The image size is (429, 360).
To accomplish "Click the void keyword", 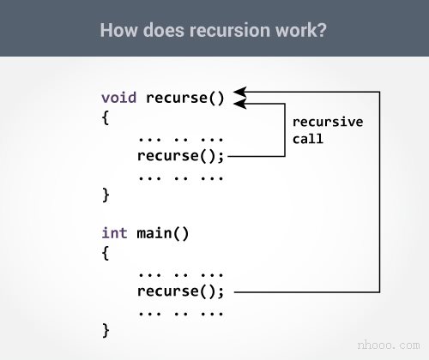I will click(x=119, y=96).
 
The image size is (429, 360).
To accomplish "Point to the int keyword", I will click(x=115, y=232).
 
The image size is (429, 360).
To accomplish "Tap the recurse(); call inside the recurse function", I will click(x=180, y=156).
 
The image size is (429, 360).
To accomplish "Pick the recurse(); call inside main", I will click(x=180, y=291).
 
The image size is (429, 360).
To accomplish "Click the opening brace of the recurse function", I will click(x=106, y=117).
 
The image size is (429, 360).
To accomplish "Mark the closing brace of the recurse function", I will click(x=106, y=195).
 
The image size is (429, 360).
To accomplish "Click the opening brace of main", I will click(x=106, y=253).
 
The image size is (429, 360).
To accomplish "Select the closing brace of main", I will click(x=106, y=330).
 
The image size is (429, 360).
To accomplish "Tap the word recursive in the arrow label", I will click(x=328, y=122).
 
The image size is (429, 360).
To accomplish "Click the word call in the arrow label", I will click(x=308, y=138).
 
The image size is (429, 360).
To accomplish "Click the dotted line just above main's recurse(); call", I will click(x=180, y=272).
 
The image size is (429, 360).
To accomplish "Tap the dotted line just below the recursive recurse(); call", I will click(x=180, y=176).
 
